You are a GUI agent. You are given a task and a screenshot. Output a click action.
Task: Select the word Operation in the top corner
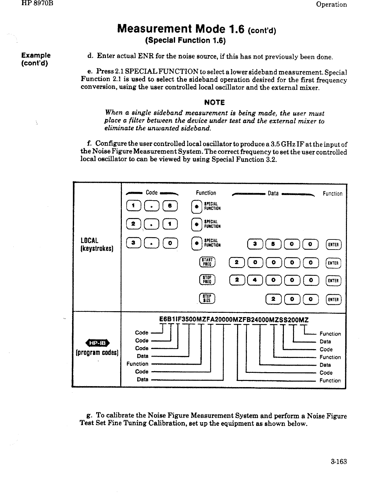tap(331, 5)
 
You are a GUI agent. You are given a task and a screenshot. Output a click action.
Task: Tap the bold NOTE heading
tap(214, 103)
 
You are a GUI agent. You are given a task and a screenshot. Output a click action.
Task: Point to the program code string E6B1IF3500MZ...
tap(233, 319)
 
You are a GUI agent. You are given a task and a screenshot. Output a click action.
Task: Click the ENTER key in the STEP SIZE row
tap(333, 299)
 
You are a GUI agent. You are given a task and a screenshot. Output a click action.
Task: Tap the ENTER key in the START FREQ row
tap(333, 263)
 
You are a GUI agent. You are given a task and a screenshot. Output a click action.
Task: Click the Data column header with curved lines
tap(273, 193)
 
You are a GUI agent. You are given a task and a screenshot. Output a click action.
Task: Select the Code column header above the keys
tap(152, 193)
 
